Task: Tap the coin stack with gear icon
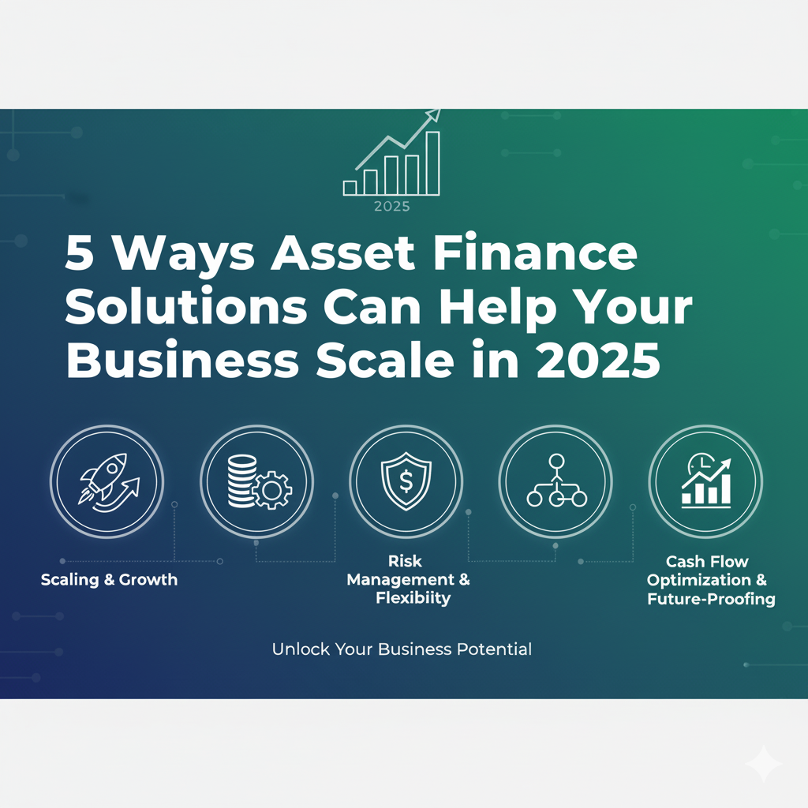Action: click(x=259, y=481)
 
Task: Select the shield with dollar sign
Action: click(x=406, y=481)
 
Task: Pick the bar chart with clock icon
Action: click(x=706, y=481)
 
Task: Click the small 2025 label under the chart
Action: click(x=391, y=207)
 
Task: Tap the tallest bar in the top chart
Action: click(x=433, y=163)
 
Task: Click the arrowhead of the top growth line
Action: click(x=434, y=115)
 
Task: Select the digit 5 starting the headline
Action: click(x=80, y=253)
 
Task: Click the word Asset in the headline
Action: click(x=342, y=252)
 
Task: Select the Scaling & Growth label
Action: click(x=109, y=580)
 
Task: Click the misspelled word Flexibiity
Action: click(x=413, y=598)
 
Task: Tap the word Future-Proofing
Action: click(x=711, y=599)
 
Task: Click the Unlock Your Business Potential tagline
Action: click(x=402, y=649)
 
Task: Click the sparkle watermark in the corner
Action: click(x=764, y=764)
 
